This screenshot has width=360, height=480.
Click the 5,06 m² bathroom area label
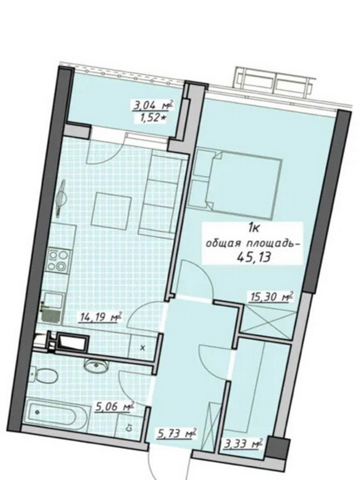115,407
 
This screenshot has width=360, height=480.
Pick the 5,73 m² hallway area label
176,434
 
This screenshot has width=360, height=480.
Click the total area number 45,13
254,257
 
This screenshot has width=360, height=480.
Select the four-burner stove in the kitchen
58,261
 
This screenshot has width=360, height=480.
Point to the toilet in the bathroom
44,375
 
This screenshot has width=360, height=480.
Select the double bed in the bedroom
243,186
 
